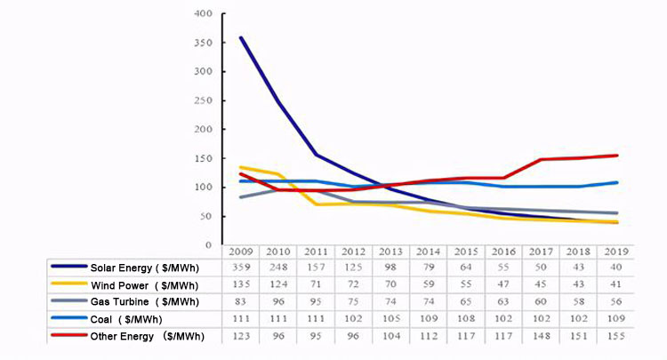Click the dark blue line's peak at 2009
[241, 37]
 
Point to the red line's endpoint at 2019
[617, 156]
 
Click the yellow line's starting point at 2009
[241, 167]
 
